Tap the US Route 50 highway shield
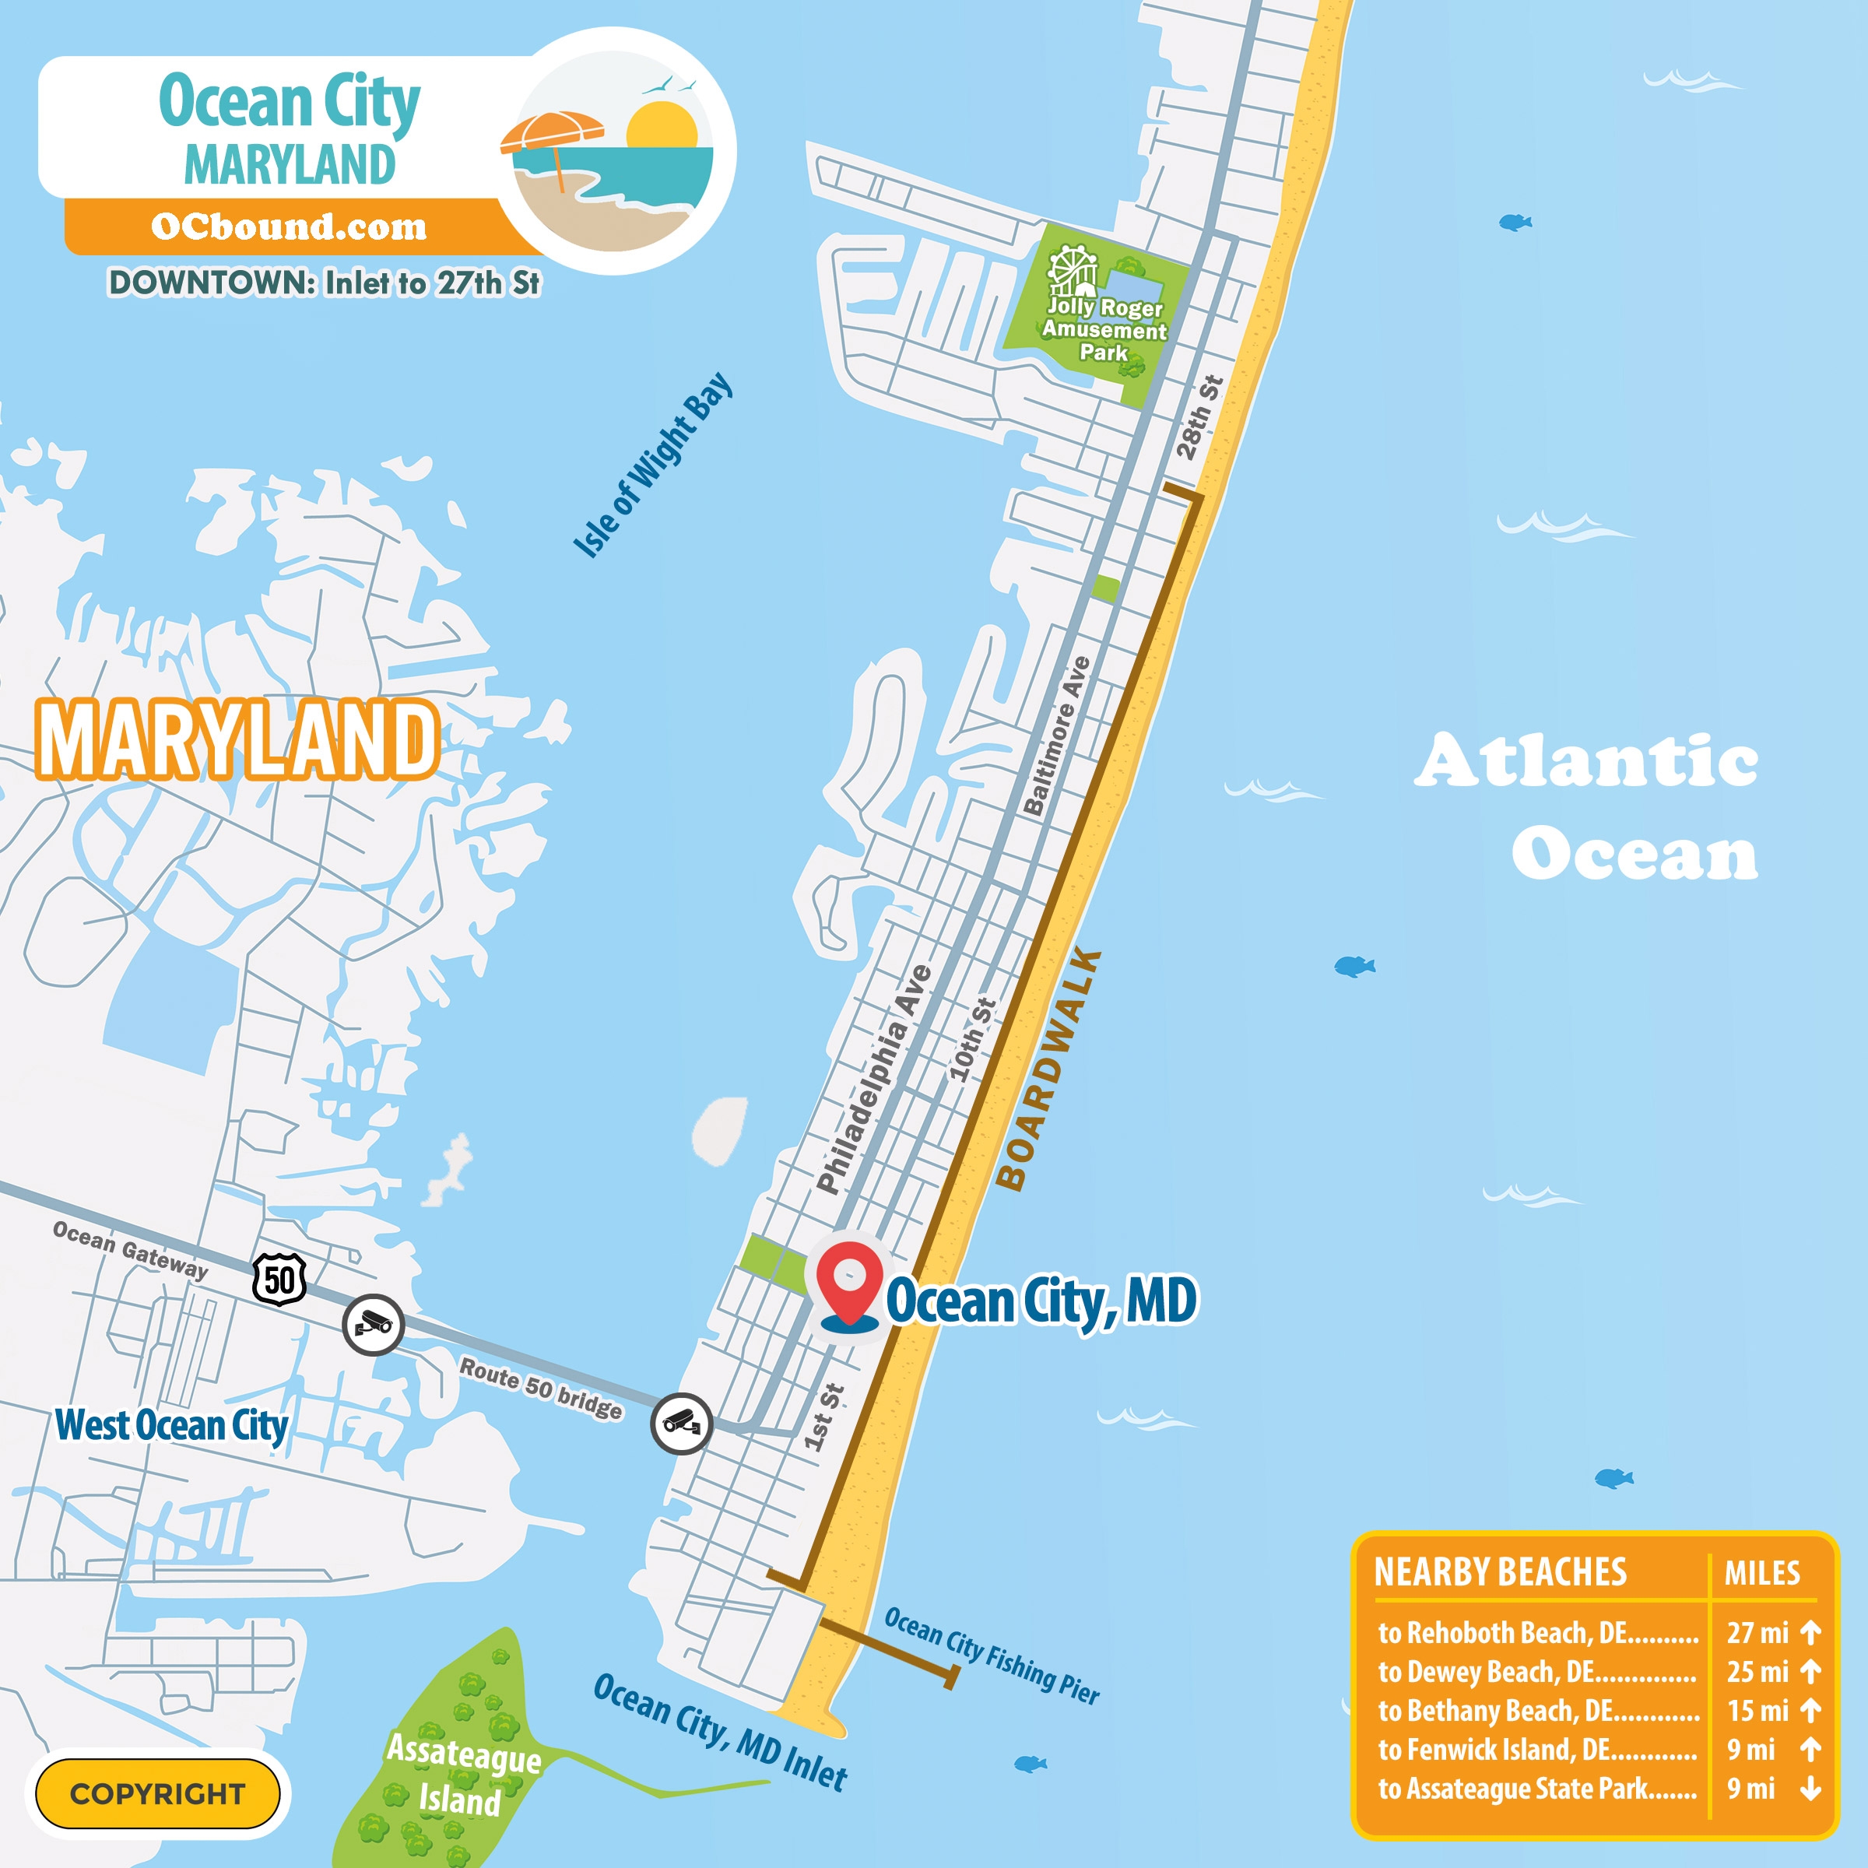point(279,1281)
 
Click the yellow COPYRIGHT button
point(157,1793)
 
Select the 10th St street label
point(971,1039)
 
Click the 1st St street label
point(823,1417)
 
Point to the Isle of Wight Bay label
point(653,465)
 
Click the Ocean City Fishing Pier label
point(991,1656)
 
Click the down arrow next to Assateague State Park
point(1810,1789)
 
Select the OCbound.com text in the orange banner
point(288,226)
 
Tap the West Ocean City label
point(171,1425)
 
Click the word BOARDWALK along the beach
point(1048,1069)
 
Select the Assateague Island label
point(462,1775)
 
